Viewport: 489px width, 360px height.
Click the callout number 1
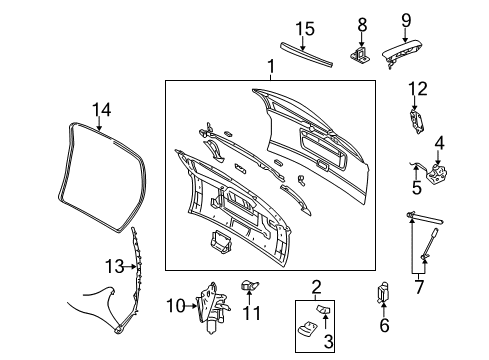pyautogui.click(x=269, y=68)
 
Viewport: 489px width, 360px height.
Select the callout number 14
pyautogui.click(x=101, y=110)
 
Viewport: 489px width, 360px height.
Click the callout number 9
pyautogui.click(x=406, y=20)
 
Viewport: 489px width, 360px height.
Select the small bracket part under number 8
pyautogui.click(x=362, y=53)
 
